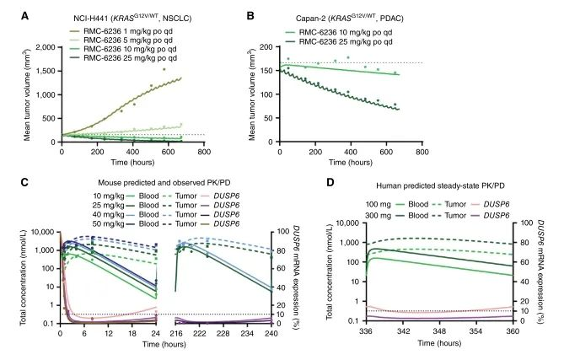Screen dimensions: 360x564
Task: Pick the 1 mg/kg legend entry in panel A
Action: (127, 30)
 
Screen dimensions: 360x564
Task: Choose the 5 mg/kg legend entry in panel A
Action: (127, 39)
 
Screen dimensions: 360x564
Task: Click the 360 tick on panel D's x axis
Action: (537, 332)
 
